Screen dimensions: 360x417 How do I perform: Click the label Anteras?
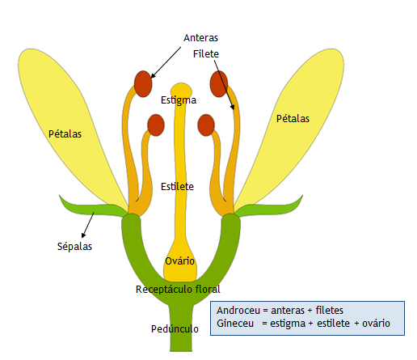coord(200,38)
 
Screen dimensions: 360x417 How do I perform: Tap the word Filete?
coord(207,53)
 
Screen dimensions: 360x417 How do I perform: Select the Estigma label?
coord(178,100)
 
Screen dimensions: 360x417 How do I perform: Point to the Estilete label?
coord(178,186)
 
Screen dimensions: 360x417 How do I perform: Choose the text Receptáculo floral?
coord(178,289)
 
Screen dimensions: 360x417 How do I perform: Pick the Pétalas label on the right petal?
coord(293,118)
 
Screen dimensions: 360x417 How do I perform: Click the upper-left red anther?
coord(143,83)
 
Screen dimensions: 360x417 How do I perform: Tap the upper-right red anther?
coord(219,83)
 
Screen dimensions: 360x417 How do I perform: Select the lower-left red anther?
coord(155,125)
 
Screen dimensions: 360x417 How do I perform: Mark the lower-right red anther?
coord(206,125)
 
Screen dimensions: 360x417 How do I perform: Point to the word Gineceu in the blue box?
coord(238,324)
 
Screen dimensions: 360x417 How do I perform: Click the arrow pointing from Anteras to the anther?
coord(171,60)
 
